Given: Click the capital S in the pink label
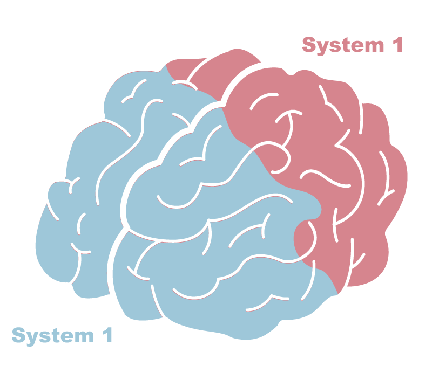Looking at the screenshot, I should tap(309, 45).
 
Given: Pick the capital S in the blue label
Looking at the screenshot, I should tap(19, 335).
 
